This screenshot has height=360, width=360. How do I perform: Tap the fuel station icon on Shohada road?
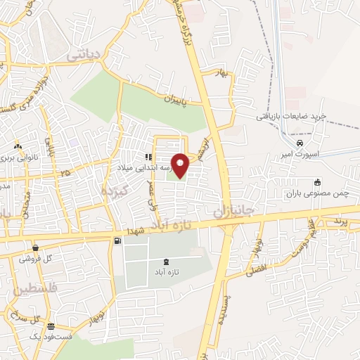click(x=117, y=241)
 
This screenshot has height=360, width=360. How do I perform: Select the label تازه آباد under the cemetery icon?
click(x=165, y=271)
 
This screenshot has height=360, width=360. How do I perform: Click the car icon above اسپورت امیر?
click(x=300, y=142)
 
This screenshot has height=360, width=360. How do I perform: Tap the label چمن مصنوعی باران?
click(x=317, y=193)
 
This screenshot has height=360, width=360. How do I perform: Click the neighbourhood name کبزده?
click(x=113, y=191)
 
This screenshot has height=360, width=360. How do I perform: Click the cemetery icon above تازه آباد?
click(x=165, y=262)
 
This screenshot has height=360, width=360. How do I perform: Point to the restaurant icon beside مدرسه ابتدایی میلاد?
click(x=148, y=157)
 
